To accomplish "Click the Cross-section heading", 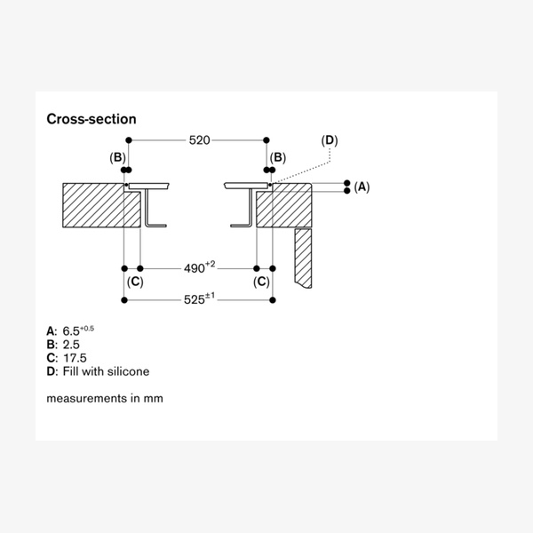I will click(x=91, y=118).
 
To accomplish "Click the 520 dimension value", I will click(x=198, y=140).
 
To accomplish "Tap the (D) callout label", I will click(x=330, y=140).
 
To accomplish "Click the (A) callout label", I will click(x=362, y=187).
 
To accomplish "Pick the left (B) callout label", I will click(x=118, y=157).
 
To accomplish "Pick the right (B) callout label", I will click(x=278, y=157).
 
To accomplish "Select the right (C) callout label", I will click(x=262, y=282).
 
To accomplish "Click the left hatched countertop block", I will click(x=93, y=206).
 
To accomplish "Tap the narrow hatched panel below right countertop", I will click(x=303, y=258).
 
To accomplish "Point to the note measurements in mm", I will click(x=105, y=398).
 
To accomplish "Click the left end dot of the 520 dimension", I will click(x=130, y=140).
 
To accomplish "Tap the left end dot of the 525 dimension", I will click(x=123, y=300).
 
